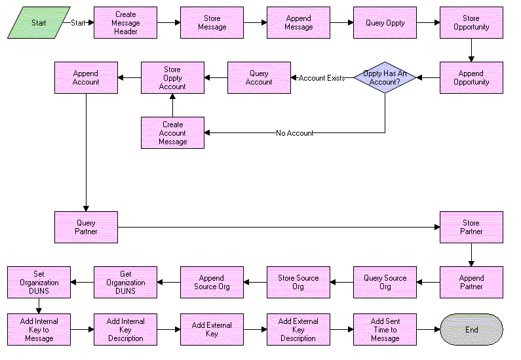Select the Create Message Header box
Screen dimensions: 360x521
point(125,22)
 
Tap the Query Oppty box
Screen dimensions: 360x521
point(385,22)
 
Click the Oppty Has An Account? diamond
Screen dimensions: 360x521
point(385,77)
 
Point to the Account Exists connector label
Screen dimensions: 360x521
point(321,78)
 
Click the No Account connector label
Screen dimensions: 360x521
point(294,133)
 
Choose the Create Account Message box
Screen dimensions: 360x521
point(172,132)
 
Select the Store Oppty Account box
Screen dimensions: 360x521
point(172,77)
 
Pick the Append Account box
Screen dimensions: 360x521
point(86,77)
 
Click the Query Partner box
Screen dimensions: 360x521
point(86,227)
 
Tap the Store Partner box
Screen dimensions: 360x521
point(471,227)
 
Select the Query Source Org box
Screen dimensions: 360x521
point(385,282)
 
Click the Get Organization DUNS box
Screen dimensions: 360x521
point(125,282)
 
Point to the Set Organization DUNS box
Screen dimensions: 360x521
point(39,282)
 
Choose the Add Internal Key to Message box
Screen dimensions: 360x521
point(39,329)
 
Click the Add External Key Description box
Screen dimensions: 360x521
point(298,329)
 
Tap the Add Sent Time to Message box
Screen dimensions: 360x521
point(385,329)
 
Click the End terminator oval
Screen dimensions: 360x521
point(471,329)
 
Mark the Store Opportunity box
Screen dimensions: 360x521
point(471,22)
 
